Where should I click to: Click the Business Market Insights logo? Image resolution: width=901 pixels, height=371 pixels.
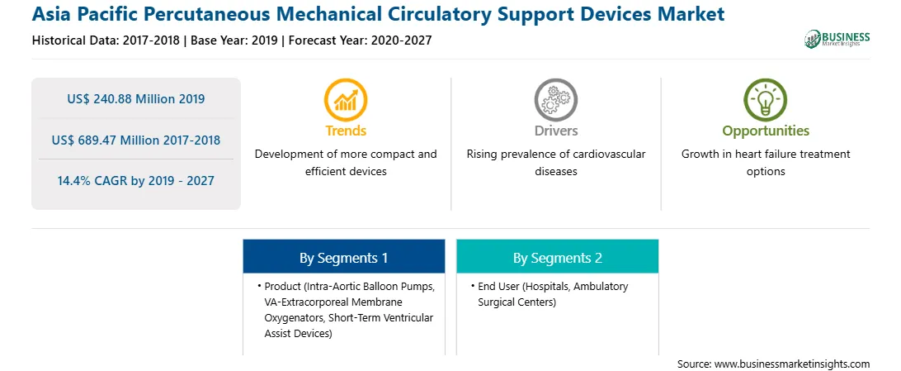(x=837, y=39)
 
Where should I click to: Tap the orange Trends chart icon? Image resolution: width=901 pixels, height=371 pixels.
(x=346, y=99)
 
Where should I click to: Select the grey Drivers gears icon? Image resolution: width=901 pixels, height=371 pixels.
(x=555, y=99)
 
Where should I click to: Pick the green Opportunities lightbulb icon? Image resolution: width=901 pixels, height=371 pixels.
(x=766, y=99)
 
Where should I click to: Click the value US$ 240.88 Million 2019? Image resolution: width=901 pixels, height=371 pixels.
(x=135, y=99)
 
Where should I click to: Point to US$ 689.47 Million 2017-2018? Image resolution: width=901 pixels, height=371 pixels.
(x=135, y=140)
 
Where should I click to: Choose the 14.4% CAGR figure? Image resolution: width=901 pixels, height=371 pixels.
(x=135, y=181)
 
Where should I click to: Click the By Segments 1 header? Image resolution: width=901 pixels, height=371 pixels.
(x=343, y=258)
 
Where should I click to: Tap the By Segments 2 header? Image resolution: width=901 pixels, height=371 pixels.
(x=558, y=258)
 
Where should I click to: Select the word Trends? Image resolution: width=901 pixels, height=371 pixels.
(x=346, y=131)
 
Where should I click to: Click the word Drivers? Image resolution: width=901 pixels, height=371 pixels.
(x=555, y=131)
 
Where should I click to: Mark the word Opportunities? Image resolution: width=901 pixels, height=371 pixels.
(x=766, y=131)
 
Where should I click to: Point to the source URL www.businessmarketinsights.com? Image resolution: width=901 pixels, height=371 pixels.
(x=792, y=364)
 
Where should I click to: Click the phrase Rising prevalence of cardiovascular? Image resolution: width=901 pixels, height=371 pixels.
(x=555, y=155)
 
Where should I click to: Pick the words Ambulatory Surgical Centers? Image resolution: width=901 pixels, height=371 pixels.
(x=554, y=294)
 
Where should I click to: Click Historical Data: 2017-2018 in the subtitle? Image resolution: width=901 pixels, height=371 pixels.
(x=106, y=40)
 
